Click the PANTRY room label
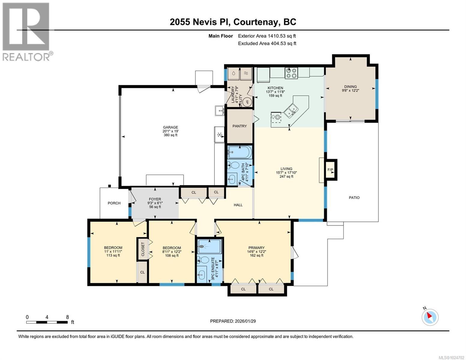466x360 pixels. [239, 126]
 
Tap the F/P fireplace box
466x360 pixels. [330, 170]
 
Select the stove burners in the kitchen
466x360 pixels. [291, 73]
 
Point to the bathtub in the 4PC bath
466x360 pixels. [239, 152]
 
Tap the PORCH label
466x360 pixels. [114, 203]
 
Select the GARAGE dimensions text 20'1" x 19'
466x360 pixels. [170, 131]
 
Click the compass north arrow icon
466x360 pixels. [430, 317]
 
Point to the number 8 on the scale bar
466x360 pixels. [68, 317]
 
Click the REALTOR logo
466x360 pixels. [26, 31]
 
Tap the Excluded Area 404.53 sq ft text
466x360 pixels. [267, 43]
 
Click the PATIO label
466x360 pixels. [354, 197]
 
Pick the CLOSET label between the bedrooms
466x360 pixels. [143, 249]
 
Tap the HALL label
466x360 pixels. [238, 205]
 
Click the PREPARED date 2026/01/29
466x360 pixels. [233, 321]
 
